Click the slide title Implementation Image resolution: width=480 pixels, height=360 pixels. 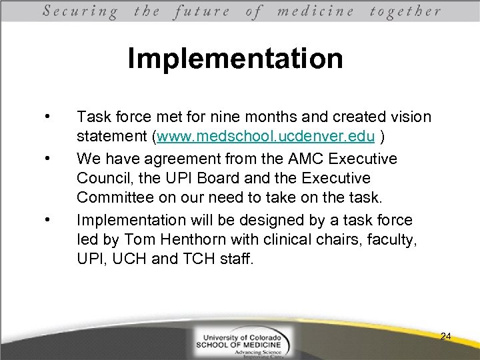click(x=235, y=59)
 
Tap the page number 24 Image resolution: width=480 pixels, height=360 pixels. click(x=445, y=337)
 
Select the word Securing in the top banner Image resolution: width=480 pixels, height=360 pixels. click(x=81, y=11)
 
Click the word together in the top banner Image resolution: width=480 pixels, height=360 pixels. click(x=405, y=11)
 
